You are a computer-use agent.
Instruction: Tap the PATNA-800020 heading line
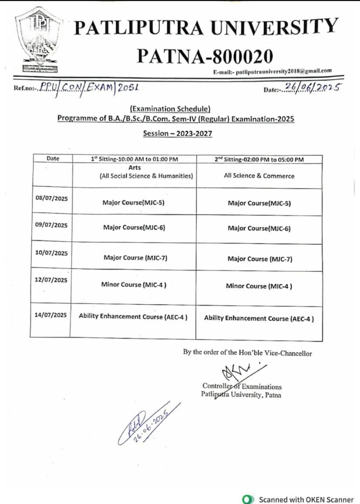(205, 57)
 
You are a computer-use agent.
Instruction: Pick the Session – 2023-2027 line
(177, 133)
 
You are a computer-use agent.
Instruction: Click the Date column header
(53, 159)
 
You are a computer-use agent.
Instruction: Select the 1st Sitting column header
(135, 159)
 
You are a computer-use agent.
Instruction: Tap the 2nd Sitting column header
(259, 159)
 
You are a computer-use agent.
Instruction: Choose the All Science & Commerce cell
(259, 176)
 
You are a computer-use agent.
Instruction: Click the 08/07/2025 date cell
(51, 198)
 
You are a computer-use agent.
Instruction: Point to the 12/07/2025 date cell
(51, 280)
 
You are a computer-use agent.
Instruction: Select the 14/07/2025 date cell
(50, 315)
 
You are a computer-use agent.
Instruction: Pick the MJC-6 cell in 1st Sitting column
(134, 228)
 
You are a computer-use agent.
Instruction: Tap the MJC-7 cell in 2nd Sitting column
(260, 259)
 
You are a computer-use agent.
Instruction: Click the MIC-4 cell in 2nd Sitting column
(259, 286)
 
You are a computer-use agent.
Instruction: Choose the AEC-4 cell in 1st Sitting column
(133, 317)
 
